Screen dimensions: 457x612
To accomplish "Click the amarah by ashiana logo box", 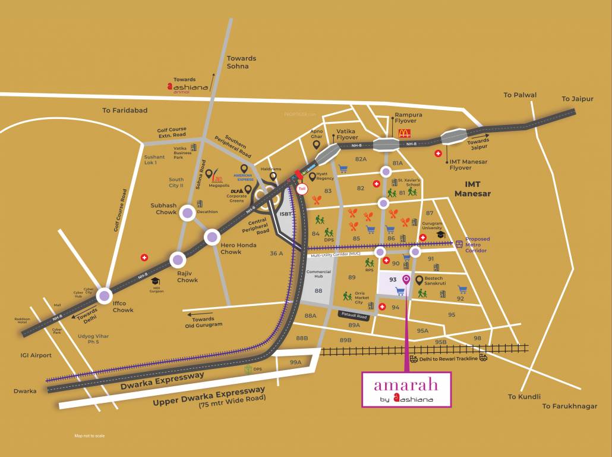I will click(x=407, y=389).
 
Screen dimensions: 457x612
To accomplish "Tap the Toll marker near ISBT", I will click(x=302, y=188).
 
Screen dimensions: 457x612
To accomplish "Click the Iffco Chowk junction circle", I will click(x=105, y=295).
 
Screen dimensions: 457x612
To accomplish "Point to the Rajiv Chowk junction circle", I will click(x=178, y=259).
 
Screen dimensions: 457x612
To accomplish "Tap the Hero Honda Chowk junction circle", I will click(x=212, y=237).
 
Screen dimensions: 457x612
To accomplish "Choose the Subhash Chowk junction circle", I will click(x=188, y=213).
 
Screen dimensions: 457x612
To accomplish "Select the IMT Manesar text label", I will click(x=472, y=189).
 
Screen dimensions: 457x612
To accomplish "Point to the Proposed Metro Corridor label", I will click(x=478, y=245).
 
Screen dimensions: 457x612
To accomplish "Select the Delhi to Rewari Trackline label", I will click(x=449, y=359).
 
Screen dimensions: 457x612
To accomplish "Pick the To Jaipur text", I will click(x=578, y=99).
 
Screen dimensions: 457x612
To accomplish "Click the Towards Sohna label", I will click(x=241, y=62).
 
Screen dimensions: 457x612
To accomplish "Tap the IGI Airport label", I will click(x=36, y=355).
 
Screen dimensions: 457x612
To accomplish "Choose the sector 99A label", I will click(x=296, y=362).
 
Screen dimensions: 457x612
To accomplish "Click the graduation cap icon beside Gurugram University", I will click(x=441, y=234).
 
